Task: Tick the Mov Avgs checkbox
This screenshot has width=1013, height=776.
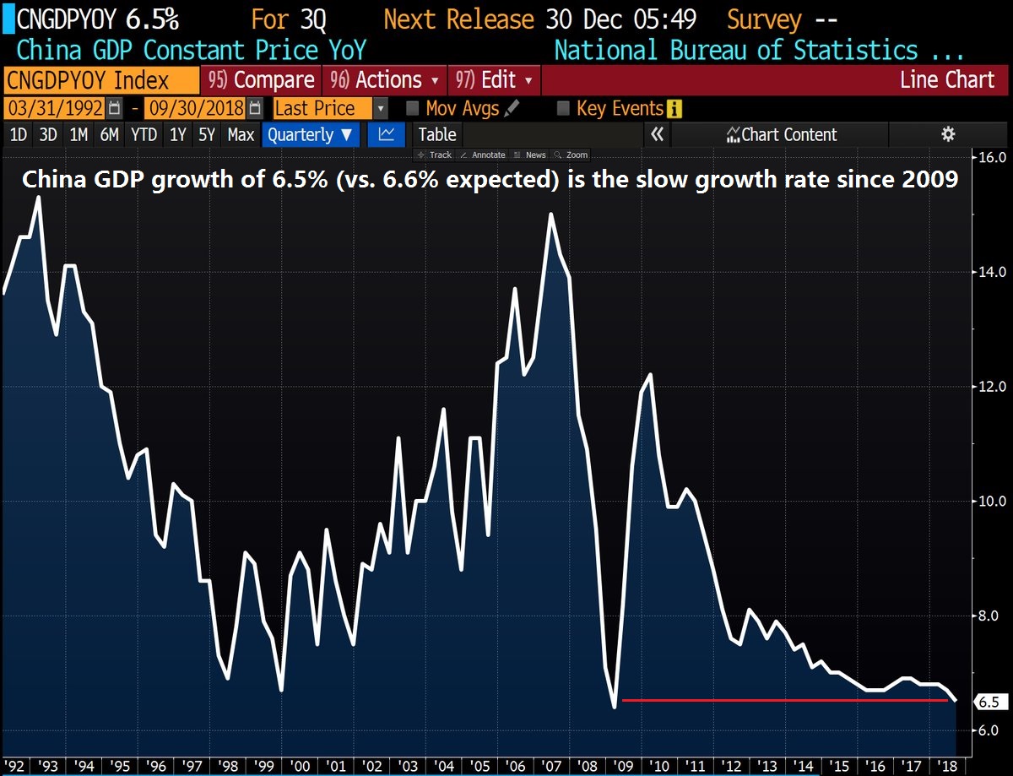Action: point(413,108)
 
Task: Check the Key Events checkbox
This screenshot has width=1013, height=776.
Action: point(564,108)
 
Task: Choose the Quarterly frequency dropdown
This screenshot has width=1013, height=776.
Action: point(311,134)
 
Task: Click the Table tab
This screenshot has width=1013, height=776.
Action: point(437,134)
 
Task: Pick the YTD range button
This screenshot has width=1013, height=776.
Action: point(144,134)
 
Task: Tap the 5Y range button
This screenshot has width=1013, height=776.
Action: point(206,134)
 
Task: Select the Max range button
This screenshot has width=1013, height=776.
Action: point(241,134)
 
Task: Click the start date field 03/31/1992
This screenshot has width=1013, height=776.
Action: point(56,108)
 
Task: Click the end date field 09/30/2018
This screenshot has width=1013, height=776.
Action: point(195,108)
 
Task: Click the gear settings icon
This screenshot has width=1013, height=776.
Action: point(948,134)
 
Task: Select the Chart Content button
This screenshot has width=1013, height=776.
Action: point(780,134)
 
